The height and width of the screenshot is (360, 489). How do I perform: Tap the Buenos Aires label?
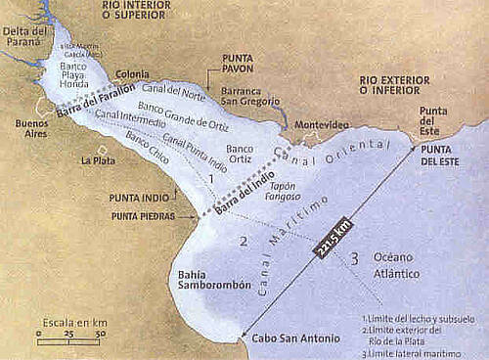point(33,128)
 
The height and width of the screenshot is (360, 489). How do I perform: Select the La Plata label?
point(98,159)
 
